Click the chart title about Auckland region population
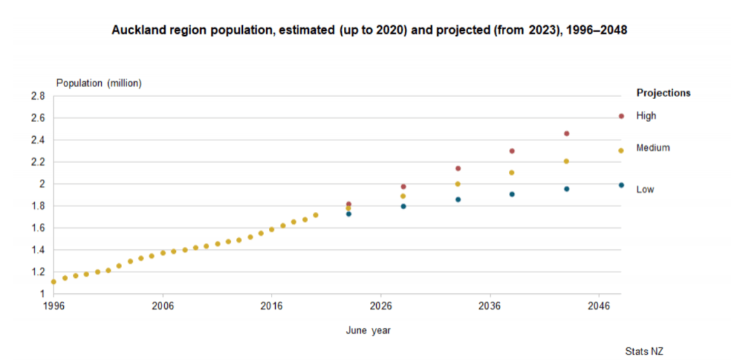click(x=369, y=32)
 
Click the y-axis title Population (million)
click(x=99, y=83)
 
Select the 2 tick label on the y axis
click(x=42, y=184)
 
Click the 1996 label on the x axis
click(x=53, y=307)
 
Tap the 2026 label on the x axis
click(x=380, y=307)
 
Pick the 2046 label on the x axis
click(x=598, y=307)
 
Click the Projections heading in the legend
click(x=663, y=93)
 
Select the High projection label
click(x=646, y=116)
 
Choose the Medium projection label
click(x=653, y=148)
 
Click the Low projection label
click(x=645, y=189)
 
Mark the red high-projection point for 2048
click(x=621, y=116)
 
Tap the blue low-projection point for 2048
click(x=621, y=185)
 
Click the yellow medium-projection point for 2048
click(x=621, y=150)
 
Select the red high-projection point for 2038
click(x=512, y=151)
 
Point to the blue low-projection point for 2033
click(x=458, y=199)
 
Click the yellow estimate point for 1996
click(x=53, y=281)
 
